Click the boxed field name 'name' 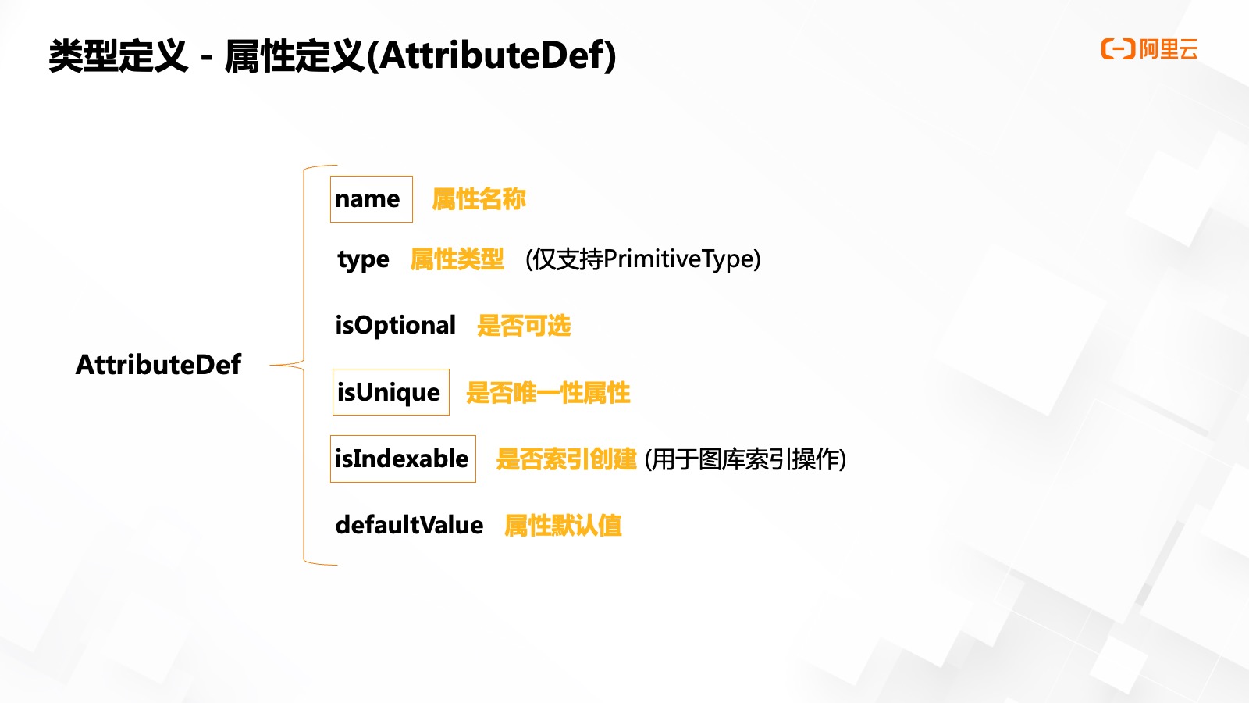click(372, 199)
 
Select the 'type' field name click(363, 260)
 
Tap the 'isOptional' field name click(395, 325)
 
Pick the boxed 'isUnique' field click(391, 392)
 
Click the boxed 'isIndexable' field click(403, 459)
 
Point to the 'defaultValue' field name click(409, 525)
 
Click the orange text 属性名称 click(479, 199)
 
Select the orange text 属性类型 click(457, 259)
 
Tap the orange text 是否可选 click(524, 325)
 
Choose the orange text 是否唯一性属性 click(549, 393)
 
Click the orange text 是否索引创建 click(567, 459)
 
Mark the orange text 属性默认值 click(563, 526)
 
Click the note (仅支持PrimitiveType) click(643, 259)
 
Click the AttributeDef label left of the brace click(158, 365)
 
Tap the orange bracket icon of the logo click(1118, 49)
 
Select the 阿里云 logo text click(1169, 49)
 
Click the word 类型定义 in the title click(118, 55)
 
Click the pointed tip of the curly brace click(271, 365)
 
